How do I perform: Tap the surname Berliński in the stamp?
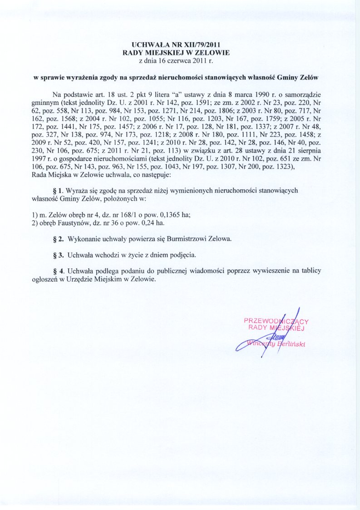(x=291, y=344)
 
